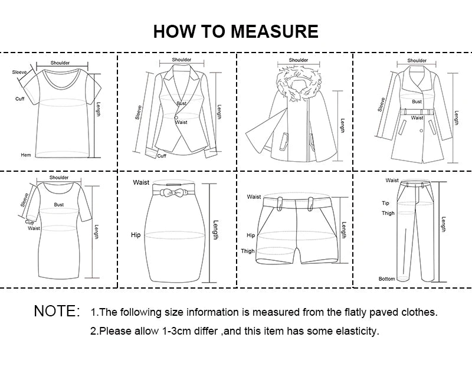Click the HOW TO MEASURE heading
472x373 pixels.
point(235,31)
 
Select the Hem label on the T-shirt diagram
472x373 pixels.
point(26,155)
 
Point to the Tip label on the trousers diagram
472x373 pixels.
point(385,203)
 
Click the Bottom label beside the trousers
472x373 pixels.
point(386,279)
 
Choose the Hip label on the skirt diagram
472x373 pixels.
point(135,235)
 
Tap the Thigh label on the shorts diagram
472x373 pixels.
point(248,251)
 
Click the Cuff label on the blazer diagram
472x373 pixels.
point(162,156)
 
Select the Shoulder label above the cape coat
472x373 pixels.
point(299,60)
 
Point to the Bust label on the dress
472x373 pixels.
point(59,204)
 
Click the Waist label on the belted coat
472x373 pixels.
point(418,117)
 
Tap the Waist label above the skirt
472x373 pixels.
point(141,182)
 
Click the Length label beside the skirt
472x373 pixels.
point(216,230)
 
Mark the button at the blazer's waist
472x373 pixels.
point(176,117)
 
